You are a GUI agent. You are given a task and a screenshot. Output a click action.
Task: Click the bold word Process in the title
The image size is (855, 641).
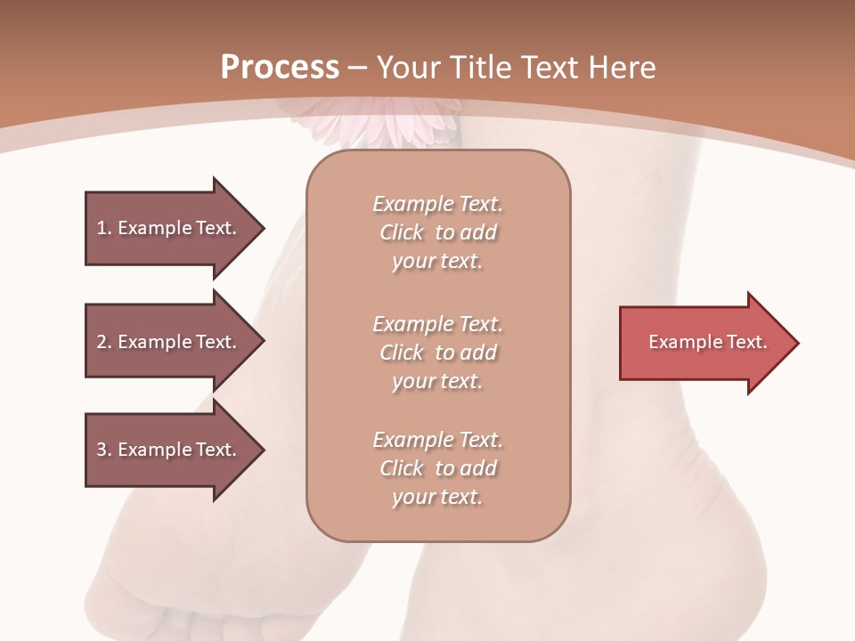point(280,68)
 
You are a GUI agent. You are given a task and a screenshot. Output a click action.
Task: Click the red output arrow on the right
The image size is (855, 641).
point(704,343)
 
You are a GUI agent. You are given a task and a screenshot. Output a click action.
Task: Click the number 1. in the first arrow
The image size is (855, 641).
point(104,228)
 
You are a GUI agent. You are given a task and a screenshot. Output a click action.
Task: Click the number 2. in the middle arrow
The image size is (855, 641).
point(104,342)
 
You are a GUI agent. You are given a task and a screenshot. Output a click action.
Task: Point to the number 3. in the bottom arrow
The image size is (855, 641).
point(104,450)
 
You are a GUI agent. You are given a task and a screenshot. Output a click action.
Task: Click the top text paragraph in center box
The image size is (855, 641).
point(437,232)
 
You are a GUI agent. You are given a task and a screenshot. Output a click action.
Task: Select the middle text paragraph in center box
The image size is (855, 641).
point(437,353)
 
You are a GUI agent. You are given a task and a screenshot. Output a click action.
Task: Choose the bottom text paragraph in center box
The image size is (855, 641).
point(437,468)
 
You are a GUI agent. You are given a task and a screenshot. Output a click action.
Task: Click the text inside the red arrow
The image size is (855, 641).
point(707,342)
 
